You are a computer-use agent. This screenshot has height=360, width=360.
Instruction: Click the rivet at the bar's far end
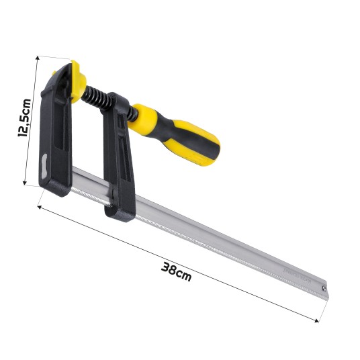324,287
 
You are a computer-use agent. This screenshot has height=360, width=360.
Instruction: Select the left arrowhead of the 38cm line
40,207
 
